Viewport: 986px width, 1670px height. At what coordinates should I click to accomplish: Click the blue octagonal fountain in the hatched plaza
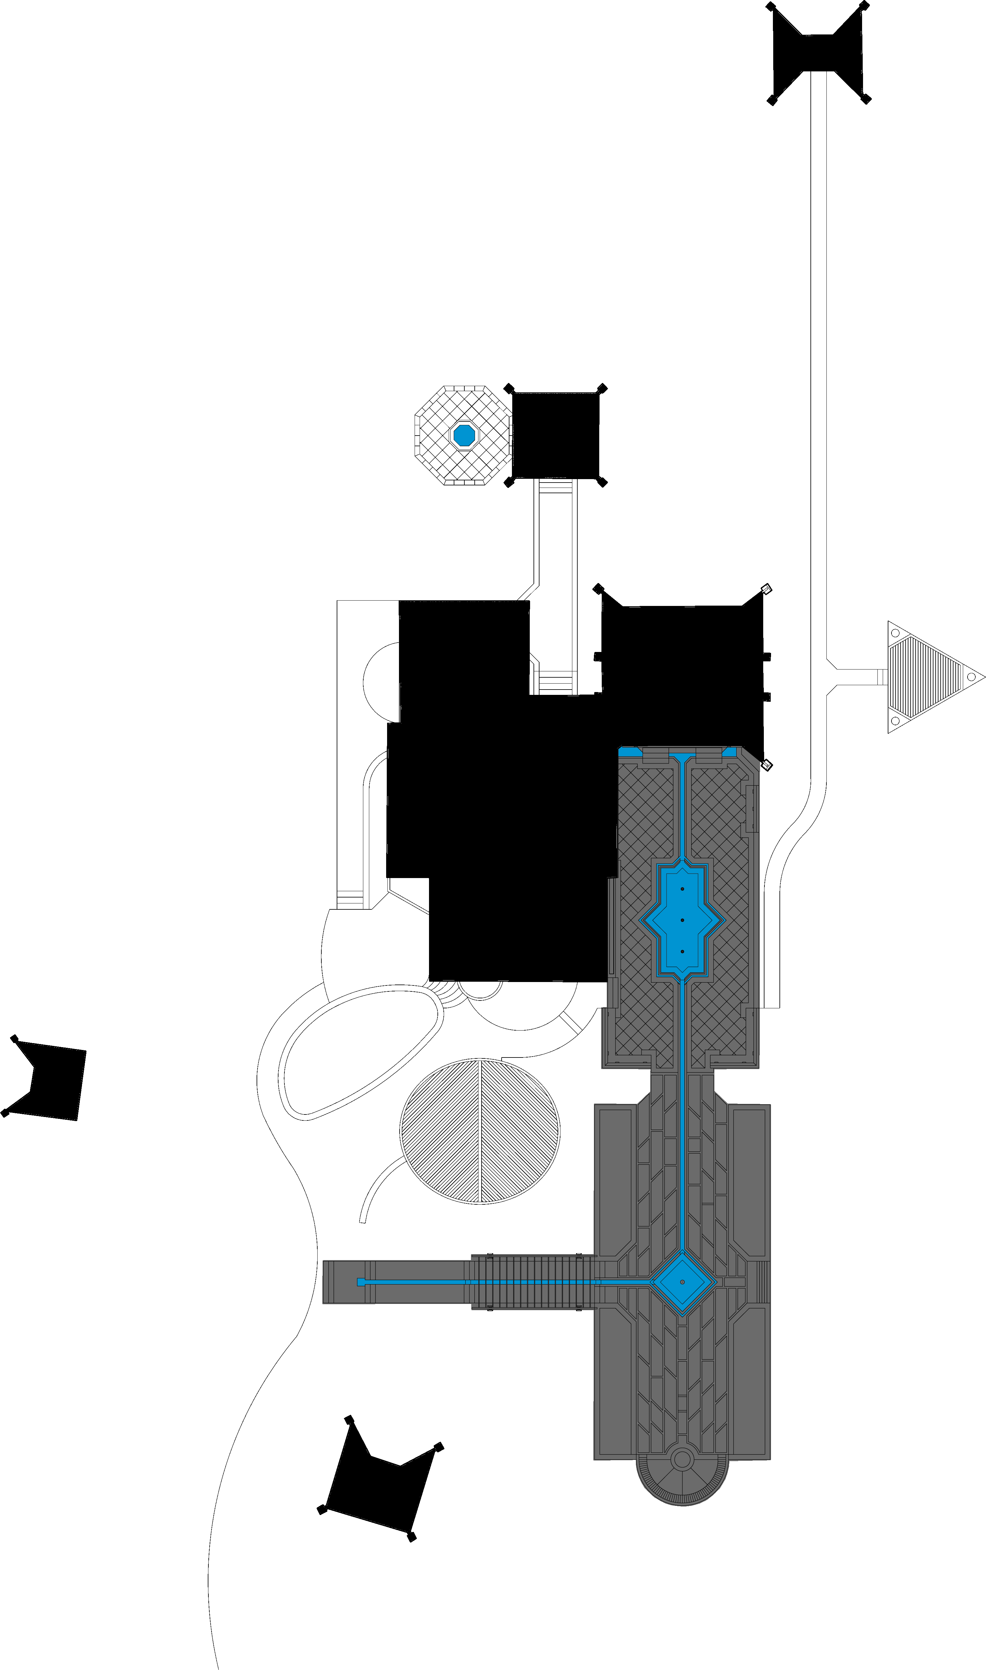(464, 435)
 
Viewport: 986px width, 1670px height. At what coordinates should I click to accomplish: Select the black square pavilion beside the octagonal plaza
(555, 435)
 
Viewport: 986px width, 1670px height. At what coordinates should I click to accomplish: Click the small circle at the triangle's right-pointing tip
(971, 677)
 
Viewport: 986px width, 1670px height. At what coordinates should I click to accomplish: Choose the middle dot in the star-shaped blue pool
(682, 920)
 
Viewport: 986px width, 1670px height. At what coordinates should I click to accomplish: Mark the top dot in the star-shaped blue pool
(682, 889)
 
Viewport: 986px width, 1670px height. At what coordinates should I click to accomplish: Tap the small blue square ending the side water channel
(361, 1282)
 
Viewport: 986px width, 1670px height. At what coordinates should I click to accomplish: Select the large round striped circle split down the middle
(480, 1131)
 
